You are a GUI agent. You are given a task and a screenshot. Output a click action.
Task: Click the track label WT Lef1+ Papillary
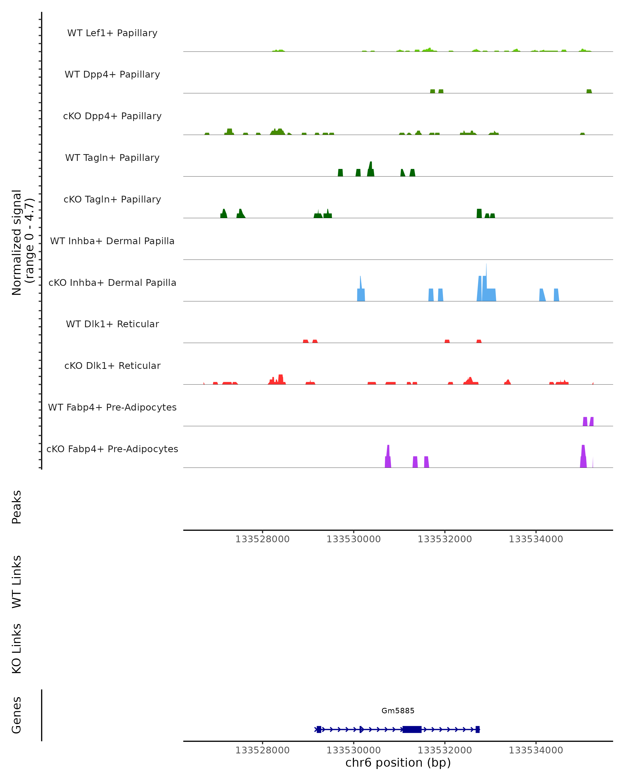click(x=112, y=33)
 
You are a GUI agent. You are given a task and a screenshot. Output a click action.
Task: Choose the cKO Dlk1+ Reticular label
click(x=112, y=366)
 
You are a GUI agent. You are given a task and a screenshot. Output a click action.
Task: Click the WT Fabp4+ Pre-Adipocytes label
click(x=112, y=407)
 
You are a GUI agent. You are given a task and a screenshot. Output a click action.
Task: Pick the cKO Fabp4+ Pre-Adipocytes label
click(x=112, y=449)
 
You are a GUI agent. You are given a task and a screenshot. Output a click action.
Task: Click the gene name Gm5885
click(x=398, y=711)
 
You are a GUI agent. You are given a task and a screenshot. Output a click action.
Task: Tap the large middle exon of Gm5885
click(x=412, y=729)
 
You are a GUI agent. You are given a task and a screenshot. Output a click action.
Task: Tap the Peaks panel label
click(x=16, y=507)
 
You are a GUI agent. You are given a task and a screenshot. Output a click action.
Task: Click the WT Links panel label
click(x=16, y=581)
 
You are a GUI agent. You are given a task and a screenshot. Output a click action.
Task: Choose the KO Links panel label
click(x=16, y=648)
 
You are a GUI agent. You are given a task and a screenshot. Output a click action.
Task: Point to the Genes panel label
click(x=16, y=715)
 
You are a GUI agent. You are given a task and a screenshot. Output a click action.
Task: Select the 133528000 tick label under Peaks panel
click(x=262, y=539)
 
